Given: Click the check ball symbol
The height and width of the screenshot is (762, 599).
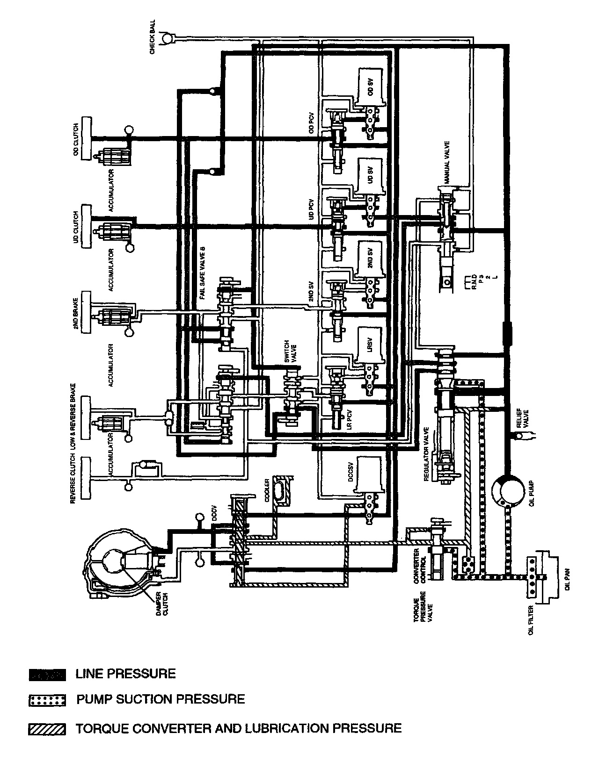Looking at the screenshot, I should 166,38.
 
